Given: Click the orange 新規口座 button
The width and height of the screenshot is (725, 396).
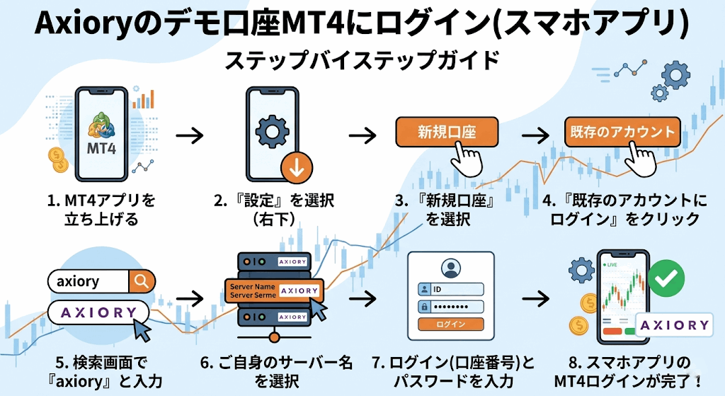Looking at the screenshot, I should (446, 132).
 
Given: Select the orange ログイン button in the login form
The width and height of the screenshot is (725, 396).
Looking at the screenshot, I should (451, 324).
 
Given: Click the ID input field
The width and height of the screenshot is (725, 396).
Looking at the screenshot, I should (457, 289).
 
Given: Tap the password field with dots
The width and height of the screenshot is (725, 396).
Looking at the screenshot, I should (457, 307).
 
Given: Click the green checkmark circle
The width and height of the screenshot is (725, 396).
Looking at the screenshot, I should (665, 280).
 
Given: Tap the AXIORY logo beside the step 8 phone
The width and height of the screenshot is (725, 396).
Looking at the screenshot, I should (674, 325).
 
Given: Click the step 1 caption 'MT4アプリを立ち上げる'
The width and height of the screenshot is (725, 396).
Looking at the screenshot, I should (101, 210).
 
